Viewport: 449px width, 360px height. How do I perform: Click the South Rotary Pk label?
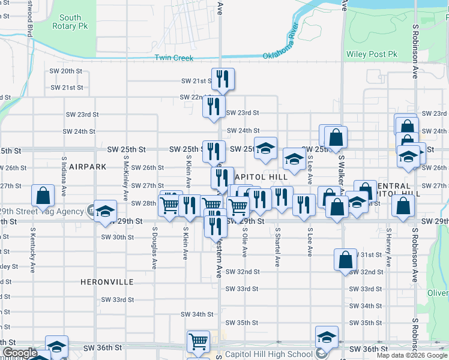tap(70, 22)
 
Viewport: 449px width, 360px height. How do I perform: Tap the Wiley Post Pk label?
tap(372, 55)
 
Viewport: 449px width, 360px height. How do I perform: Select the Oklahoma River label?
tap(281, 41)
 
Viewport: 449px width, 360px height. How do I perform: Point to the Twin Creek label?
tap(174, 58)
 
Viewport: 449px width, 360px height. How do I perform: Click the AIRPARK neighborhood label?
tap(87, 166)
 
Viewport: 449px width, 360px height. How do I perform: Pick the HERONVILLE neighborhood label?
tap(107, 281)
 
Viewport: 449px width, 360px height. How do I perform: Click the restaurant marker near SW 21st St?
tap(223, 79)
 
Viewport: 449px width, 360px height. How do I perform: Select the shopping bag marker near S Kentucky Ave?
tap(43, 196)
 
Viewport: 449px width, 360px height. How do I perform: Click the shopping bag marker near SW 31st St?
tap(346, 260)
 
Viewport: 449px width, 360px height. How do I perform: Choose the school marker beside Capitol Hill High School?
tap(327, 337)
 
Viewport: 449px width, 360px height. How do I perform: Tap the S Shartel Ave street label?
tap(277, 246)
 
